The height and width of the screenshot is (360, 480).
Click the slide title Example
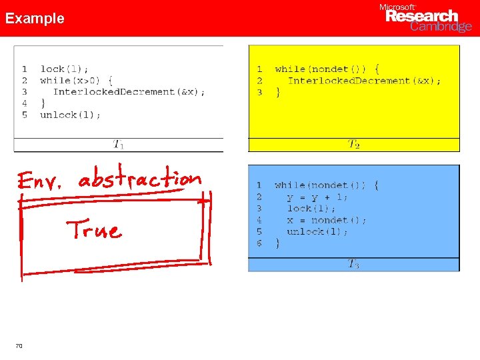pyautogui.click(x=35, y=19)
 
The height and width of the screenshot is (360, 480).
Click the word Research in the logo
pyautogui.click(x=423, y=16)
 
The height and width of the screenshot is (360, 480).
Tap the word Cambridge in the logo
pyautogui.click(x=441, y=27)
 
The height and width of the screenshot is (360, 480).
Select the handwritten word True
pyautogui.click(x=93, y=229)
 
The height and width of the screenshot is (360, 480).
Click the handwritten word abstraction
pyautogui.click(x=139, y=179)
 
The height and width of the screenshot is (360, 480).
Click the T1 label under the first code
pyautogui.click(x=118, y=143)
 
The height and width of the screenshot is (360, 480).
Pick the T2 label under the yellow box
pyautogui.click(x=353, y=144)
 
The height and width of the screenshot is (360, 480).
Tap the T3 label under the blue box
pyautogui.click(x=353, y=264)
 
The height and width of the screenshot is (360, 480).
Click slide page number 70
pyautogui.click(x=19, y=345)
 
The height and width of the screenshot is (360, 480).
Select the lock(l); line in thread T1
pyautogui.click(x=64, y=69)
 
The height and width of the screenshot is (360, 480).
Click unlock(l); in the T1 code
pyautogui.click(x=70, y=115)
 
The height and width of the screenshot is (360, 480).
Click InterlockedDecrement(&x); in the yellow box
pyautogui.click(x=364, y=81)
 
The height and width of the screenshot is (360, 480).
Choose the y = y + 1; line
pyautogui.click(x=317, y=197)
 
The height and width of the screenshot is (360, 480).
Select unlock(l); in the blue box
pyautogui.click(x=317, y=231)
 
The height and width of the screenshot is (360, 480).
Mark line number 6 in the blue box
pyautogui.click(x=259, y=243)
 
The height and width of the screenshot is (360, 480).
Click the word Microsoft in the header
pyautogui.click(x=397, y=7)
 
